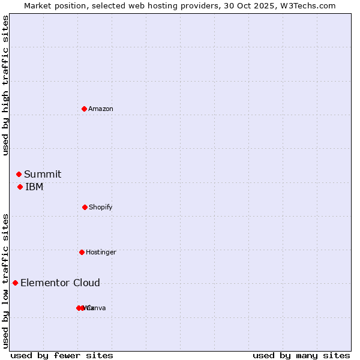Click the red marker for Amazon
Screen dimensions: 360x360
coord(84,109)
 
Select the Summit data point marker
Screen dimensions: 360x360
coord(19,174)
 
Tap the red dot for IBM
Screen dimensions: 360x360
coord(20,187)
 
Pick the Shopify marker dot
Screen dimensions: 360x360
coord(85,207)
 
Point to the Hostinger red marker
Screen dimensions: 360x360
coord(82,252)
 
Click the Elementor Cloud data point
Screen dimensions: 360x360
coord(15,283)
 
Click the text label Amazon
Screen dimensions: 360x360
coord(101,109)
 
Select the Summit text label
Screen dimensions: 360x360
coord(43,174)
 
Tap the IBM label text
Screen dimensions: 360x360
coord(34,187)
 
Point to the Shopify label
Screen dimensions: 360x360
coord(101,207)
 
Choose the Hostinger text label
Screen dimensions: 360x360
coord(101,252)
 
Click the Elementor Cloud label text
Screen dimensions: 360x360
coord(60,283)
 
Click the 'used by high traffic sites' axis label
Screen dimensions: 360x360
coord(5,85)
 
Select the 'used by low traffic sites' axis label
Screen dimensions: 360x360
coord(5,281)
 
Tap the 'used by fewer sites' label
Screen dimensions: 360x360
coord(62,355)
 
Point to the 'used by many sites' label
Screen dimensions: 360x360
coord(301,355)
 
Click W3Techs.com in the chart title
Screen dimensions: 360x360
coord(306,5)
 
